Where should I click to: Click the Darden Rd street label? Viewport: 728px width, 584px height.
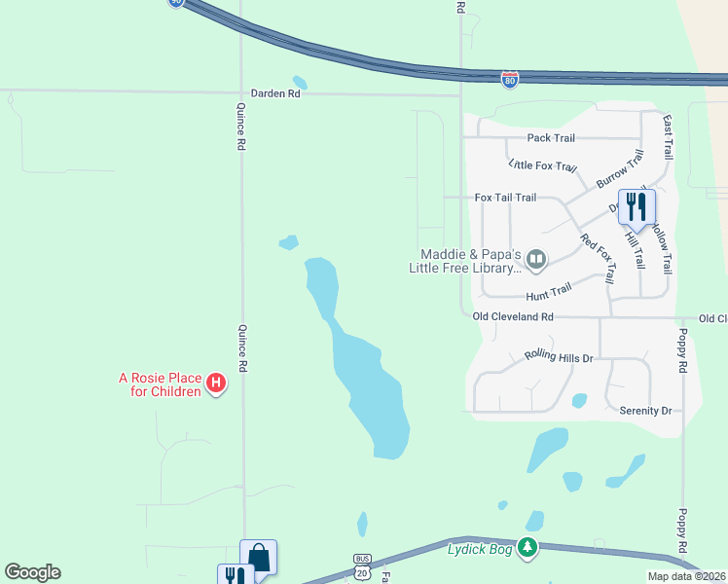[x=275, y=93]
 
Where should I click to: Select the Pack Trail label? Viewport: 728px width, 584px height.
[x=551, y=138]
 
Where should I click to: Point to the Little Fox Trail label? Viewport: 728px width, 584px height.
[x=543, y=166]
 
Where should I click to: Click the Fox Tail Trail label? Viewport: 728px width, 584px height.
[x=505, y=198]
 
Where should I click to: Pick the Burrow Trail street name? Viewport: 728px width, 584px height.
[x=620, y=169]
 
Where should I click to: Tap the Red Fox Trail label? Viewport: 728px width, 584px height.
[x=598, y=260]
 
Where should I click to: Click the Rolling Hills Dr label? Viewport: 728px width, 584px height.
[x=558, y=357]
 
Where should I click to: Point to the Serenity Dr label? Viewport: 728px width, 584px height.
[x=645, y=411]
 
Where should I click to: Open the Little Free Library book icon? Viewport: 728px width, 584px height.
[x=536, y=260]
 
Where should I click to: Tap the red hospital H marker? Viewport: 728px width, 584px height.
[x=217, y=385]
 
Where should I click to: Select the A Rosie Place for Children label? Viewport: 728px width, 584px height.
[x=160, y=384]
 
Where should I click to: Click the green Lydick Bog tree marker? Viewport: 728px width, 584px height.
[x=528, y=548]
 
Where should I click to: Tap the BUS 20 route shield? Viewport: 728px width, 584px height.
[x=362, y=564]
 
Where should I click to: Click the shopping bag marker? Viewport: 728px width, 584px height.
[x=259, y=557]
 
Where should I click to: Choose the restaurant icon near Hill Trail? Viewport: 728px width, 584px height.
[x=637, y=206]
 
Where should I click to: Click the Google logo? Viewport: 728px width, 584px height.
[x=32, y=572]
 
